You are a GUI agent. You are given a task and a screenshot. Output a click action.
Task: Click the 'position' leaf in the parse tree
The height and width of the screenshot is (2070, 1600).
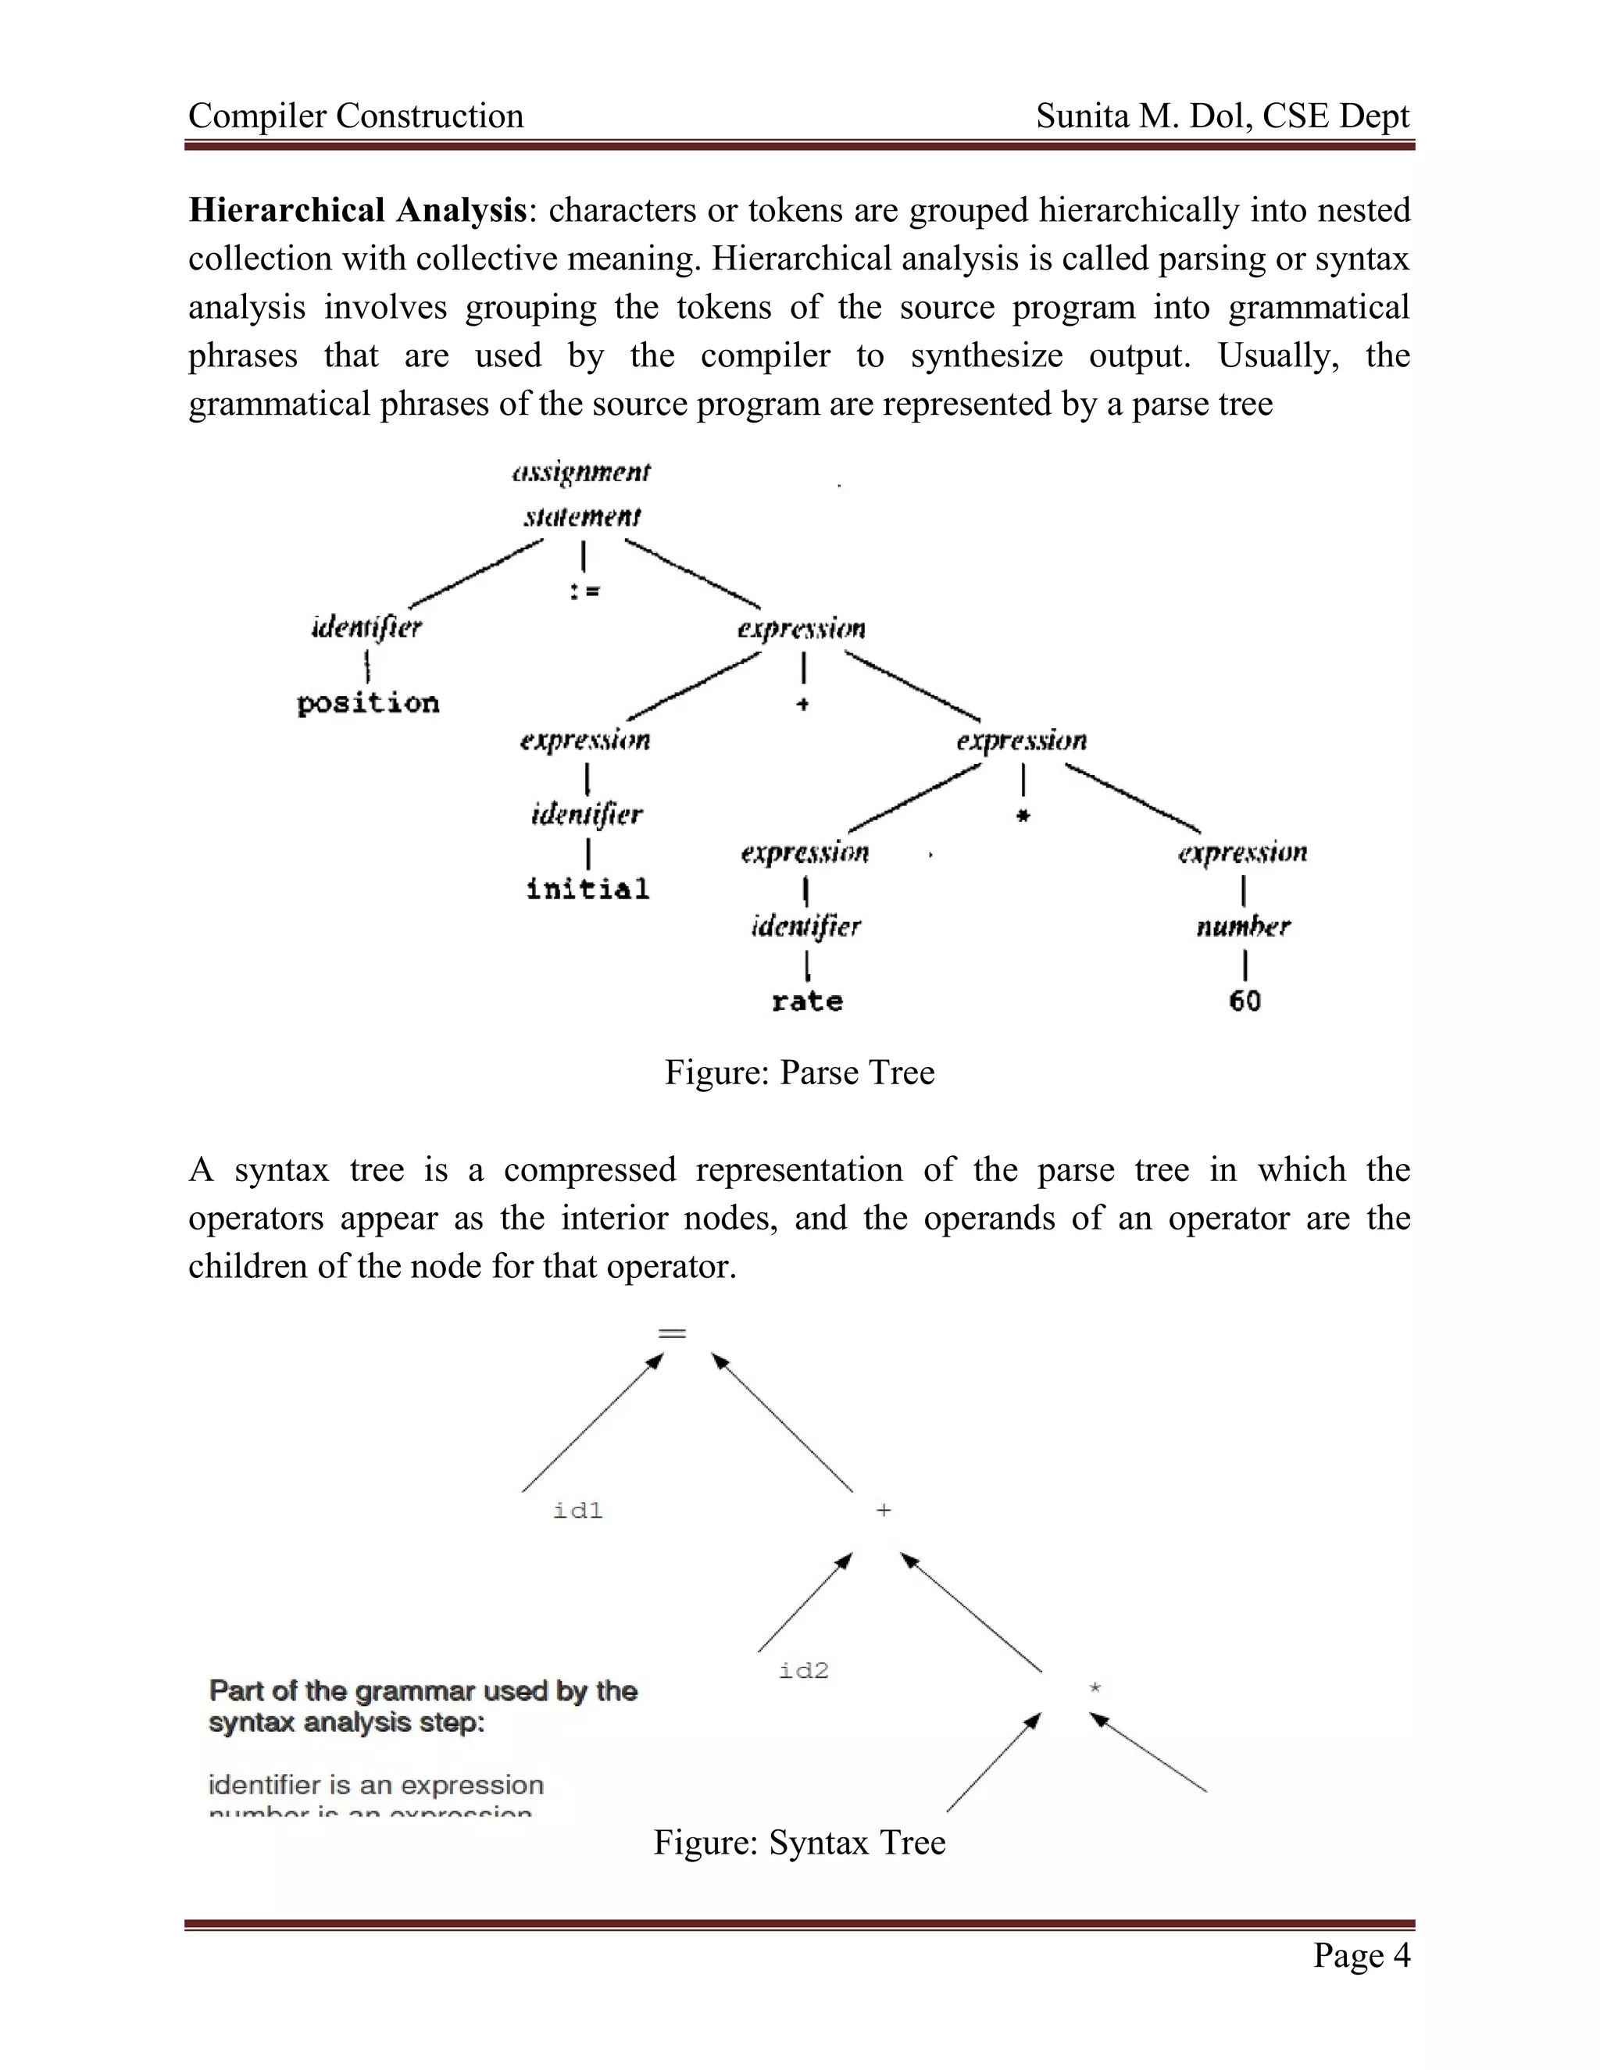pyautogui.click(x=368, y=703)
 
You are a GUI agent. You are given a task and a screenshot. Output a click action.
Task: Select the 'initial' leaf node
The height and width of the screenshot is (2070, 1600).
pyautogui.click(x=587, y=889)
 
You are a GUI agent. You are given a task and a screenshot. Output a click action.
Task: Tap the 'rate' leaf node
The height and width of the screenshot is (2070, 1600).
pyautogui.click(x=806, y=1001)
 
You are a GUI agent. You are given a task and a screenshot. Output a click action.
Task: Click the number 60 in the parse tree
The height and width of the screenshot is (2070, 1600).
pyautogui.click(x=1245, y=1001)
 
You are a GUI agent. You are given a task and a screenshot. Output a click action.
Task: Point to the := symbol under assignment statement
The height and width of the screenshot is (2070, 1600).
pyautogui.click(x=584, y=591)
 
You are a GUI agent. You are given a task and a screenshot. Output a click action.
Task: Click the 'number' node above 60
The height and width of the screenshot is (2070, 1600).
pyautogui.click(x=1243, y=926)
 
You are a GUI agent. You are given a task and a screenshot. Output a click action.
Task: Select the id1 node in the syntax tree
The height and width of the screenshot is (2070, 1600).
pyautogui.click(x=577, y=1511)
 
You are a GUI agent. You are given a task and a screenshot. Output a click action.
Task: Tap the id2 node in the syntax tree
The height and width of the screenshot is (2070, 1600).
pyautogui.click(x=804, y=1671)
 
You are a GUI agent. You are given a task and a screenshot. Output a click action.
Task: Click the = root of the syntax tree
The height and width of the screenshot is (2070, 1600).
pyautogui.click(x=671, y=1333)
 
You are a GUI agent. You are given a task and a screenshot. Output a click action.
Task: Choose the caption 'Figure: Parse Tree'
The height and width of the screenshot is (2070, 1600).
pyautogui.click(x=799, y=1072)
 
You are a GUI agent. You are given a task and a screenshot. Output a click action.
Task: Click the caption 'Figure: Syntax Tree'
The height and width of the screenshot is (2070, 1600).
pyautogui.click(x=799, y=1842)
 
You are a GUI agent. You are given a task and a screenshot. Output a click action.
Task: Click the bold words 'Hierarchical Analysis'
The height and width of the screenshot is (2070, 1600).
pyautogui.click(x=357, y=209)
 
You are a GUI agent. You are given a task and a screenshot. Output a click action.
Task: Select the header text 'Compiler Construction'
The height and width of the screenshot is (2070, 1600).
pyautogui.click(x=355, y=116)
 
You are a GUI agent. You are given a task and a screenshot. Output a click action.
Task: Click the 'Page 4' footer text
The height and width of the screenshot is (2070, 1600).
pyautogui.click(x=1361, y=1954)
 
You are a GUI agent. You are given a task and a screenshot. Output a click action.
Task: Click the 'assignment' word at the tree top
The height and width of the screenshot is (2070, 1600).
pyautogui.click(x=581, y=472)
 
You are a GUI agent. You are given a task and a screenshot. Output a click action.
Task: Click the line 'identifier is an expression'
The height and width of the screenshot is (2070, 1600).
pyautogui.click(x=375, y=1785)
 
